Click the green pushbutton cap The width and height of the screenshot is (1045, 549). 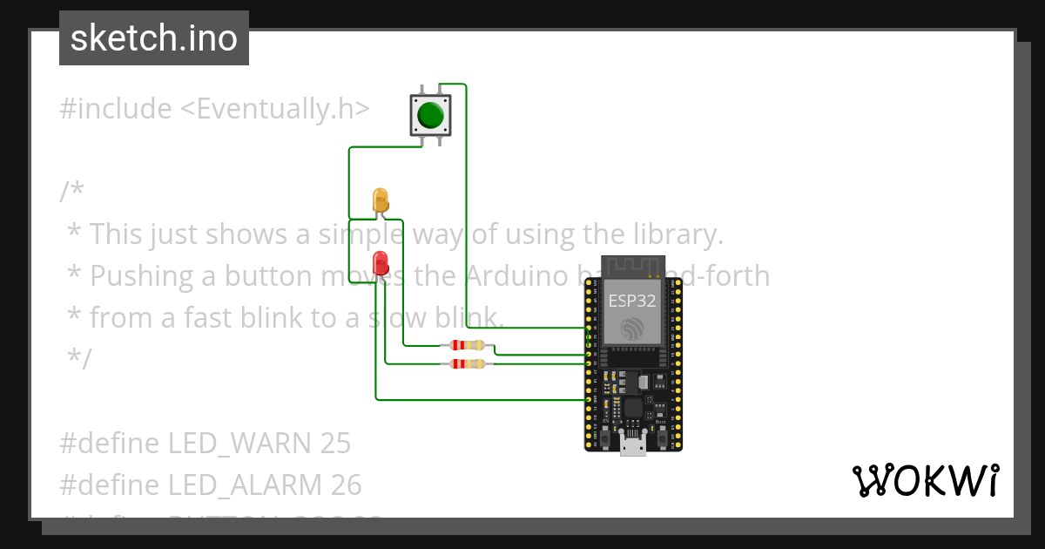pyautogui.click(x=431, y=115)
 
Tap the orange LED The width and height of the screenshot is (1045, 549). pyautogui.click(x=381, y=200)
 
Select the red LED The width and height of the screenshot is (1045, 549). pyautogui.click(x=381, y=263)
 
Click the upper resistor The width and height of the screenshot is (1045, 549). pyautogui.click(x=466, y=345)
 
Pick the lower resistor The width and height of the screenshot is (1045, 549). pyautogui.click(x=467, y=363)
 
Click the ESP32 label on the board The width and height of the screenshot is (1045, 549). pyautogui.click(x=632, y=302)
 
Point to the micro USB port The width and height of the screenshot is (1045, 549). pyautogui.click(x=633, y=446)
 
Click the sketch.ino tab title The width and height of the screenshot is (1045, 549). pyautogui.click(x=154, y=38)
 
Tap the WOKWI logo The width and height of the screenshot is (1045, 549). pyautogui.click(x=925, y=481)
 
